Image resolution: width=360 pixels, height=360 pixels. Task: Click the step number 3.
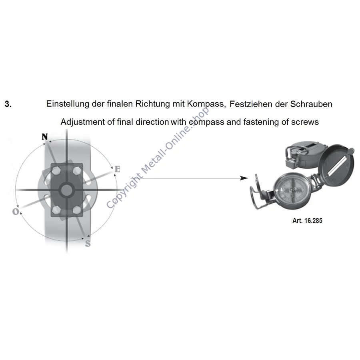coord(8,104)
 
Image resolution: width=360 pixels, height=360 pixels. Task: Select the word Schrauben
coord(311,104)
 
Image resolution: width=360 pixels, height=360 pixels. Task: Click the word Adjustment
coord(83,122)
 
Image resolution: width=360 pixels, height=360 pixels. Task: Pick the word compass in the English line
coord(206,122)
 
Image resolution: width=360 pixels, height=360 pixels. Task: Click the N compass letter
coord(45,137)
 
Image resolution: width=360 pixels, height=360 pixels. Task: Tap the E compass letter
coord(117,169)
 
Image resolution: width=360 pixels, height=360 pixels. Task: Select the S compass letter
coord(88,243)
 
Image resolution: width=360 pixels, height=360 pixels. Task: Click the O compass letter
coord(16,212)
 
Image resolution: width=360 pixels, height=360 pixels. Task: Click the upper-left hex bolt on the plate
coord(56,170)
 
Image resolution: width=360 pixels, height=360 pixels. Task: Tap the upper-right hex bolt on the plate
coord(77,170)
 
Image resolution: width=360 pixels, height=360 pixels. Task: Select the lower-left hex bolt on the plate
coord(56,209)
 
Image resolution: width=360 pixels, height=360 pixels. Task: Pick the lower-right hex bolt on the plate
coord(77,209)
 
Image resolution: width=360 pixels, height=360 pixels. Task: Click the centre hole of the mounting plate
coord(66,190)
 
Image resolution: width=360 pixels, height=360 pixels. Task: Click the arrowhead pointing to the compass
coord(244,178)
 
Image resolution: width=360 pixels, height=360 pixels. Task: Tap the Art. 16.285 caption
coord(307,221)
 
